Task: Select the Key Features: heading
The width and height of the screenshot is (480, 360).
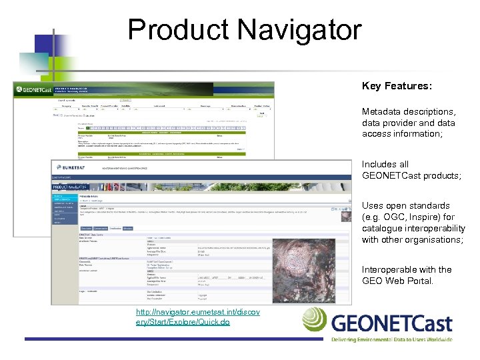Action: coord(397,87)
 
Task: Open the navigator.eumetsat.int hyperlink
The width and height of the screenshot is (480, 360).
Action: coord(188,317)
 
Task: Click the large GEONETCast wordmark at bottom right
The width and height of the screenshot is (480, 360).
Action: coord(392,324)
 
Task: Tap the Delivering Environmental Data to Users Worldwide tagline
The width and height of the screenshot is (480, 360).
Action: coord(392,339)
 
